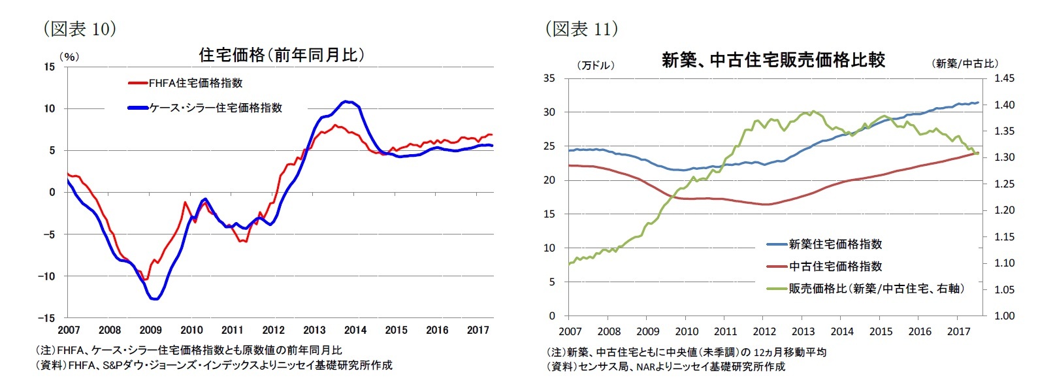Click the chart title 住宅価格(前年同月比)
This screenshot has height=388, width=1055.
281,55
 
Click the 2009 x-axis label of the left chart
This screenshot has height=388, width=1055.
151,330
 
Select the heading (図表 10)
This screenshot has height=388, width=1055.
80,29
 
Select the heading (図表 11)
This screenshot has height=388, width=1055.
581,29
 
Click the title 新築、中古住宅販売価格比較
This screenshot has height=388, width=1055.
773,60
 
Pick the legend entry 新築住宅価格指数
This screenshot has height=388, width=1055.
835,244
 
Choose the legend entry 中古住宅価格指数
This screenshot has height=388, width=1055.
835,267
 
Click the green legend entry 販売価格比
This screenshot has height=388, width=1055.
875,289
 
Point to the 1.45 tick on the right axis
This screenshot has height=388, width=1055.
1004,78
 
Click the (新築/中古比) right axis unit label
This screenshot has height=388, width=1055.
964,63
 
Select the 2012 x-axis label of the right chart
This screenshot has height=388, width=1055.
764,331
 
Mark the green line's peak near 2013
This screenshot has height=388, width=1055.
813,111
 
